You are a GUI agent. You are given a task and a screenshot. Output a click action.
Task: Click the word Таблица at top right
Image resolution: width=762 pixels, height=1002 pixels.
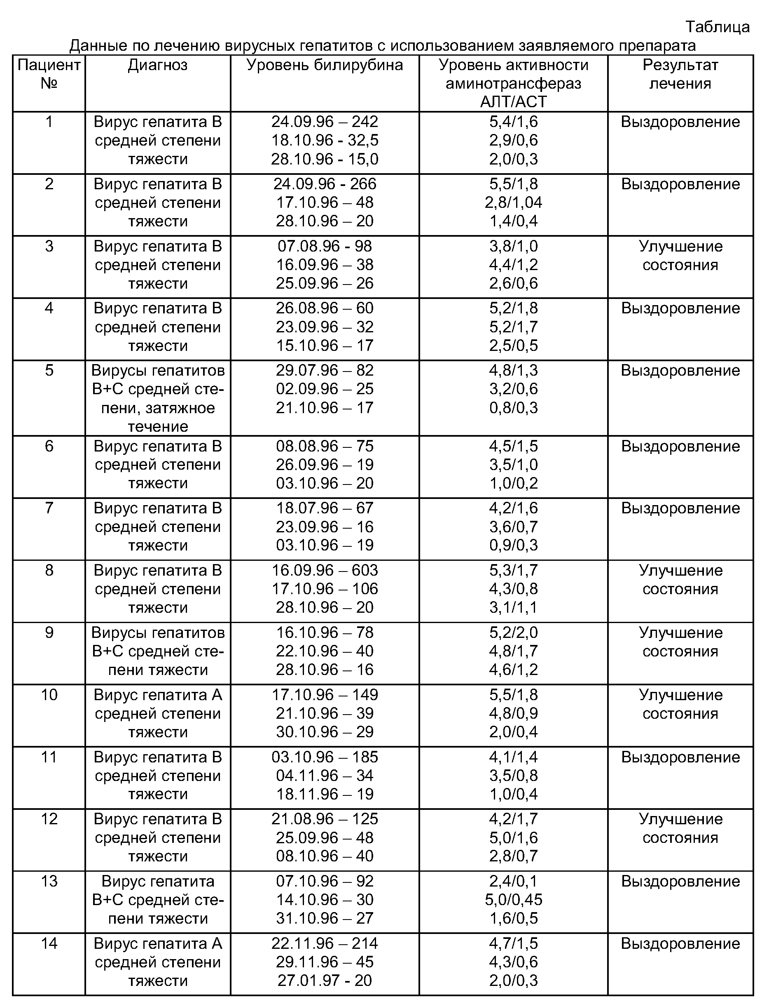[x=717, y=27]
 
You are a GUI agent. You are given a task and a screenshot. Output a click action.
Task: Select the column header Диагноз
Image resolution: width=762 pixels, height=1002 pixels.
[x=157, y=66]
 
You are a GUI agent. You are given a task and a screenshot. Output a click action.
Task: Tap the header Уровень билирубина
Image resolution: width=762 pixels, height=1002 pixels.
[x=324, y=66]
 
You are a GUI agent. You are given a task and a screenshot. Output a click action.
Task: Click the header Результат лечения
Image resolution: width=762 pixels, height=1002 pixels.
[x=680, y=75]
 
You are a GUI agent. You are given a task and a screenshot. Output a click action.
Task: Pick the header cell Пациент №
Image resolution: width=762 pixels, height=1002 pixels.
[x=49, y=75]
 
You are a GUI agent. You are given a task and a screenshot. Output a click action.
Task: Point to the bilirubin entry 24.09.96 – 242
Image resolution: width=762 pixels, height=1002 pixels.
[x=324, y=122]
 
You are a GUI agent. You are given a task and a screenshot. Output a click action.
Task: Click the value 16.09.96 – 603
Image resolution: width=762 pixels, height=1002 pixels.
[x=324, y=570]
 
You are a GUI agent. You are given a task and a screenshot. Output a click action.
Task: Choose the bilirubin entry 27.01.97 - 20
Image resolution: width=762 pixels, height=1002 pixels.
[x=324, y=981]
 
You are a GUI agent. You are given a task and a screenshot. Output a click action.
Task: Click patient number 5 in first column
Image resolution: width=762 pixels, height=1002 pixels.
[x=49, y=370]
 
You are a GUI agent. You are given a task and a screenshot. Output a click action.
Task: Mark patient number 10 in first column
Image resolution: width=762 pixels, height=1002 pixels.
[x=49, y=695]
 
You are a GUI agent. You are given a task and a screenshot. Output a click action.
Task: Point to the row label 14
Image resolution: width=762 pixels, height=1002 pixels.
[x=49, y=943]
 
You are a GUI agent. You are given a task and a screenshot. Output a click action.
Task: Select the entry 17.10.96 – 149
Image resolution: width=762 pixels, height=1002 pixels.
[x=324, y=695]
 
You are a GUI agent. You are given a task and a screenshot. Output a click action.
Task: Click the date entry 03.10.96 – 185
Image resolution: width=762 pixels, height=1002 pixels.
[x=324, y=757]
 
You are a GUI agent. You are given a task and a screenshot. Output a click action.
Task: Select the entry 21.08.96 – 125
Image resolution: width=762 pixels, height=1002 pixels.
[x=324, y=819]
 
